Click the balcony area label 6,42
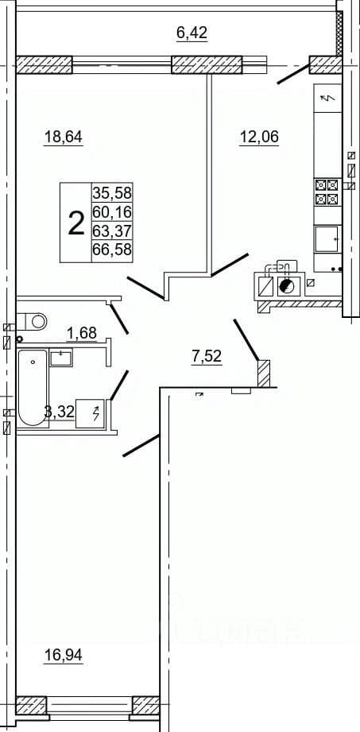[192, 33]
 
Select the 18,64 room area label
[63, 137]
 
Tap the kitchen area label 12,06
[259, 137]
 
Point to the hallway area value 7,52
[206, 357]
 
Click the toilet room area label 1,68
[82, 333]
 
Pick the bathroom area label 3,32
[59, 412]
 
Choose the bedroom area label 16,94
[63, 656]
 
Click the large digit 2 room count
[75, 223]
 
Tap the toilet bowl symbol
[33, 321]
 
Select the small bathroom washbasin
[61, 358]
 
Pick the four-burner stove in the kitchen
[327, 192]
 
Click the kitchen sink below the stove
[327, 238]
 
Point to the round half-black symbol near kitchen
[286, 285]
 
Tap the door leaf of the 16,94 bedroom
[141, 445]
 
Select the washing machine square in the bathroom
[92, 413]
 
